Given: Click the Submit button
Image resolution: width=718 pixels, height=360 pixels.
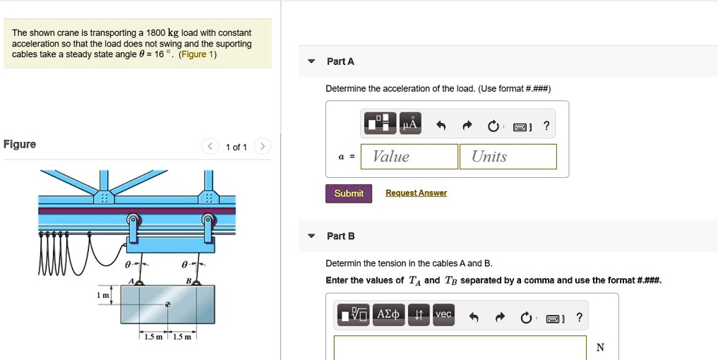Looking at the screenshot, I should (x=348, y=193).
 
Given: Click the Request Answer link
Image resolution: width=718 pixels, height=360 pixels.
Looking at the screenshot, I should (x=416, y=193).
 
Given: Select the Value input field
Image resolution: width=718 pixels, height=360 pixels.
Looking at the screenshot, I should (x=409, y=157).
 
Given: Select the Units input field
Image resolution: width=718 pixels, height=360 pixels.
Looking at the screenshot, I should (x=508, y=157).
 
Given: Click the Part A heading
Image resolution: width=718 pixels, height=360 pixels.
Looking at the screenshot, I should (x=340, y=62).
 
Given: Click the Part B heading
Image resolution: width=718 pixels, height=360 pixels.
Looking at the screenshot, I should (x=340, y=236).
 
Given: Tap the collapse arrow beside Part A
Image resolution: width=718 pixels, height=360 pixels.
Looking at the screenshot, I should (x=311, y=62).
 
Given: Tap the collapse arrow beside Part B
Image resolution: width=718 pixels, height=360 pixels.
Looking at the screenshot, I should (x=311, y=236).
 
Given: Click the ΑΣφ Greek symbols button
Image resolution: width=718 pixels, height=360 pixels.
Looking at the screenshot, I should (x=389, y=315).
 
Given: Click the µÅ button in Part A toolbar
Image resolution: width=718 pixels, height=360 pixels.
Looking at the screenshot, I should (x=411, y=125).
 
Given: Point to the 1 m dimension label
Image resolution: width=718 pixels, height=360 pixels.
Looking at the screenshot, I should (x=103, y=296).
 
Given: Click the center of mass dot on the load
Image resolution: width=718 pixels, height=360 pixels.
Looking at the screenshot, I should (x=168, y=305).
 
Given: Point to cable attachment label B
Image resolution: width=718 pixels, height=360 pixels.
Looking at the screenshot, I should (x=188, y=280).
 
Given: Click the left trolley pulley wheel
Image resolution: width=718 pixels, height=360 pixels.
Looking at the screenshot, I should (x=132, y=220).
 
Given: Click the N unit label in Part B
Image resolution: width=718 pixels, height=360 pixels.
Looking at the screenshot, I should (x=600, y=347).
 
